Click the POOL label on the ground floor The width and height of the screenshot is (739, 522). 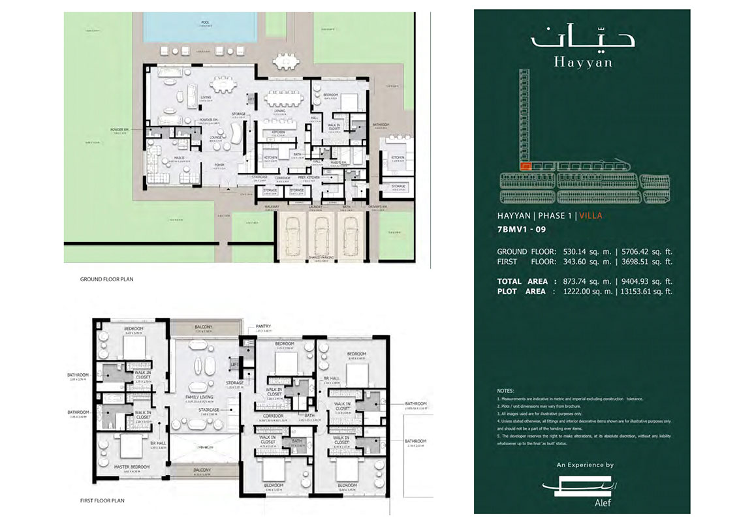pos(206,22)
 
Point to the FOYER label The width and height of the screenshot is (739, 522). pos(219,165)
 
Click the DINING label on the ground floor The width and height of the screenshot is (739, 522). pos(279,111)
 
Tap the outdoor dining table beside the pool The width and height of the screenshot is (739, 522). pos(285,62)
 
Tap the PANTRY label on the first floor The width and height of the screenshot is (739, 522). pos(264,326)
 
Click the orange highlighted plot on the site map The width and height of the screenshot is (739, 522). pos(525,166)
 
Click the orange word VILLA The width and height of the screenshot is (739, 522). pos(591,216)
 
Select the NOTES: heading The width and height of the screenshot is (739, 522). pos(506,390)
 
